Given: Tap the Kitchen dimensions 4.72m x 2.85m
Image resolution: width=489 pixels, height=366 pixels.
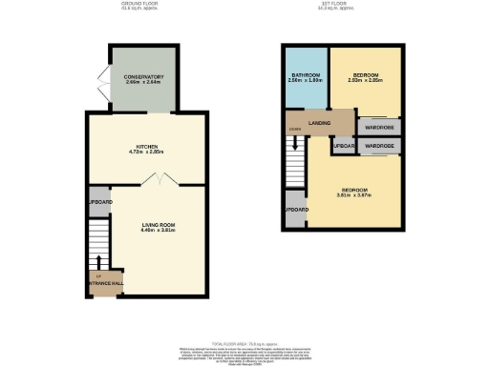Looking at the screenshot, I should tap(146, 152).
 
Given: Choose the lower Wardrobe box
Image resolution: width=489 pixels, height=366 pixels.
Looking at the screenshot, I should tap(379, 146).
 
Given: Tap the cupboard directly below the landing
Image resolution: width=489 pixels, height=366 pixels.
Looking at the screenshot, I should tap(342, 146).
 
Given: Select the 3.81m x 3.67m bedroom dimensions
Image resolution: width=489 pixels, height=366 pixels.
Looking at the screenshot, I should tap(354, 195).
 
